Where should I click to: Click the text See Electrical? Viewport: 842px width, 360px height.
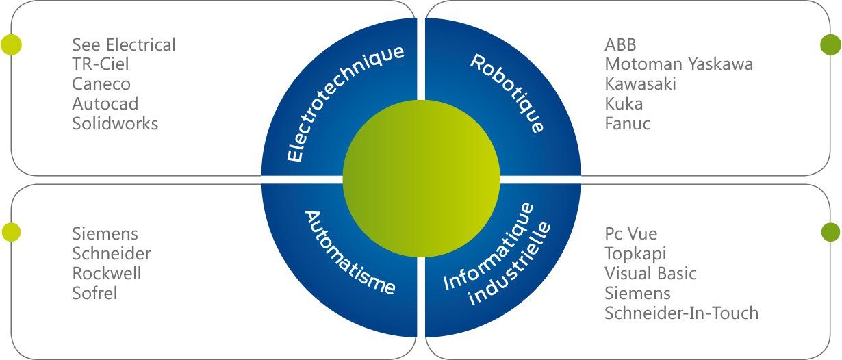pyautogui.click(x=124, y=45)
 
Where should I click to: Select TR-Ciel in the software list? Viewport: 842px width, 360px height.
pyautogui.click(x=101, y=64)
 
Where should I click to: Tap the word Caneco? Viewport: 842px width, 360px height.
pyautogui.click(x=101, y=84)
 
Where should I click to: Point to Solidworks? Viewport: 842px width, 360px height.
pyautogui.click(x=115, y=124)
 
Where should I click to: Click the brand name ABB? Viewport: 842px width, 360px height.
pyautogui.click(x=620, y=45)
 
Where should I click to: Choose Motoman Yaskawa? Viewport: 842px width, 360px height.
pyautogui.click(x=678, y=64)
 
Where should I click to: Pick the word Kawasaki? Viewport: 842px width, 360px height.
pyautogui.click(x=640, y=84)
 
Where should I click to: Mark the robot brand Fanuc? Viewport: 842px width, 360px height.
pyautogui.click(x=627, y=124)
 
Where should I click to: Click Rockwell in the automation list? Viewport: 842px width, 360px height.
pyautogui.click(x=107, y=274)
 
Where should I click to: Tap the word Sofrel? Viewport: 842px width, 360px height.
pyautogui.click(x=94, y=294)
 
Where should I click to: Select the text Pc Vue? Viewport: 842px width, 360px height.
pyautogui.click(x=630, y=234)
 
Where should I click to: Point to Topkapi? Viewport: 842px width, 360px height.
pyautogui.click(x=635, y=254)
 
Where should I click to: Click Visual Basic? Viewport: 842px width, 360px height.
pyautogui.click(x=650, y=274)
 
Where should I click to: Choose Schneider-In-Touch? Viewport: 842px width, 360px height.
pyautogui.click(x=681, y=313)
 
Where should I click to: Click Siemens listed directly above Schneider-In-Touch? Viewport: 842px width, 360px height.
pyautogui.click(x=637, y=294)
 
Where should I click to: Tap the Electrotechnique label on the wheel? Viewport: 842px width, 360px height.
pyautogui.click(x=344, y=103)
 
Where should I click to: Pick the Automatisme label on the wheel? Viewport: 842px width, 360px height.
pyautogui.click(x=349, y=252)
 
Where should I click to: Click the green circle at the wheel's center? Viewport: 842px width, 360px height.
pyautogui.click(x=421, y=180)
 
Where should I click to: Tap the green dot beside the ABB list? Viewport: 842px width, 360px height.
pyautogui.click(x=830, y=45)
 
